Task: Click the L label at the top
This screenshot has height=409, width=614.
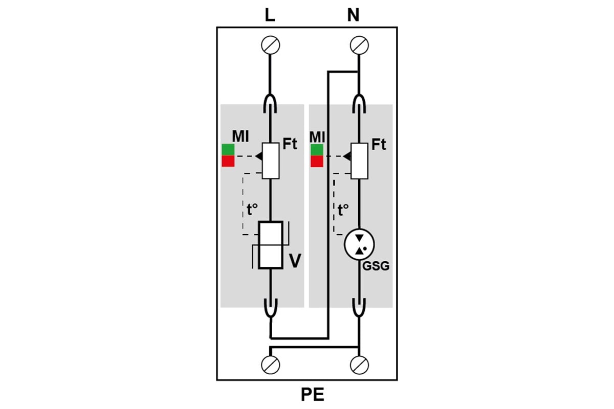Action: (x=270, y=15)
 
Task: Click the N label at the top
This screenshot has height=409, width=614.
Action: (x=353, y=15)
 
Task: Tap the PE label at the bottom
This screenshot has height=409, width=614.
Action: (x=313, y=395)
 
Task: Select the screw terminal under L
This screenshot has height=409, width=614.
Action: (x=271, y=45)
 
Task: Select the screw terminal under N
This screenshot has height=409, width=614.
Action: (x=359, y=45)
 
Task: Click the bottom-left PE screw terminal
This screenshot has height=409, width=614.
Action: (x=271, y=365)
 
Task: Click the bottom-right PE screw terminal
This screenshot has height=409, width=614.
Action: (x=359, y=365)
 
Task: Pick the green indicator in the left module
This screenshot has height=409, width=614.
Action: (x=228, y=150)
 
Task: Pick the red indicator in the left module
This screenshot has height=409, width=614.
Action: (x=228, y=161)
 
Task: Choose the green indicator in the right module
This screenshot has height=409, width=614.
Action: (x=317, y=150)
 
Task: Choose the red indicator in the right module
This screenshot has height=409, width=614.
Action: (x=317, y=162)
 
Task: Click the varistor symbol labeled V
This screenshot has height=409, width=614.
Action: (x=271, y=245)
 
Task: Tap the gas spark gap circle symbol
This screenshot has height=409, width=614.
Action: (x=359, y=244)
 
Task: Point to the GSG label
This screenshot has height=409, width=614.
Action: (x=376, y=266)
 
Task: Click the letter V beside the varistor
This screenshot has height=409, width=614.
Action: (x=296, y=261)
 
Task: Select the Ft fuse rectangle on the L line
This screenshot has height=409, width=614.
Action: (x=271, y=161)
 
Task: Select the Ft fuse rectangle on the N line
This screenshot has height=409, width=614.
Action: (x=359, y=161)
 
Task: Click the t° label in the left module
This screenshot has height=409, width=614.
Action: (x=252, y=210)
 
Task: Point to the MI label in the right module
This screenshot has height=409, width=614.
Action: (x=317, y=137)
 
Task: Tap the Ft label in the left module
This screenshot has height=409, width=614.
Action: (x=290, y=144)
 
